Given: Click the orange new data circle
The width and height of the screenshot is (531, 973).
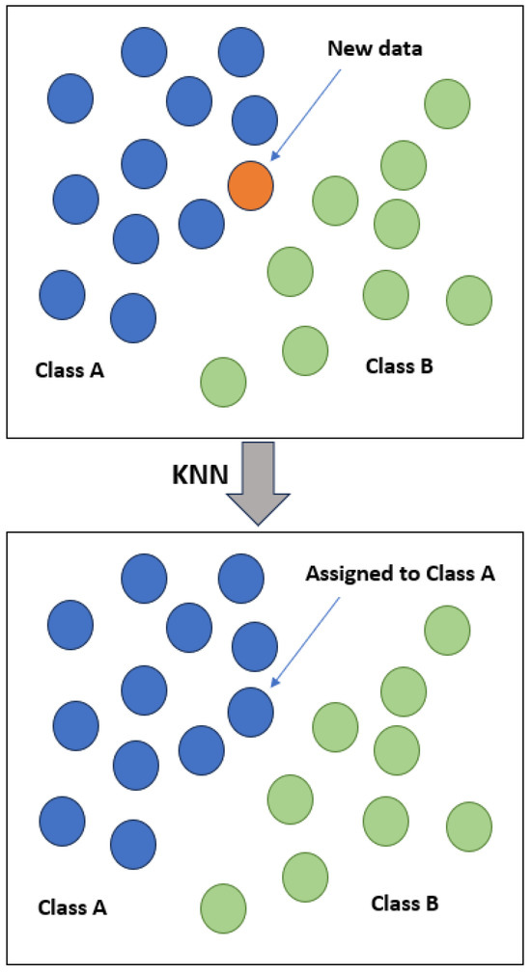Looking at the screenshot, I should [251, 184].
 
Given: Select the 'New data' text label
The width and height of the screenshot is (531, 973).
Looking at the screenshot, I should [374, 49].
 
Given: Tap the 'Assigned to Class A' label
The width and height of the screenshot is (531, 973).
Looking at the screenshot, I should [401, 575].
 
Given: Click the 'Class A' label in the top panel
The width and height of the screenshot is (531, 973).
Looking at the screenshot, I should [70, 369].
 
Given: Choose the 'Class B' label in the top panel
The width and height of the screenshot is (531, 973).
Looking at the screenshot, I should [400, 366].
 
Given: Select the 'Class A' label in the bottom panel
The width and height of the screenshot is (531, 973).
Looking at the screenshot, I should [72, 907].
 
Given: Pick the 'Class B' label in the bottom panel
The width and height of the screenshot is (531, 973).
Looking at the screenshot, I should [405, 904].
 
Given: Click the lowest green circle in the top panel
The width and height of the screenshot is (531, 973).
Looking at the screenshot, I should [223, 381].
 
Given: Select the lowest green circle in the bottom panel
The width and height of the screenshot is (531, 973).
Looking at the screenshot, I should [223, 907].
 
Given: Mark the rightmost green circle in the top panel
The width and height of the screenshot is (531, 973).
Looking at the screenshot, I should [469, 299].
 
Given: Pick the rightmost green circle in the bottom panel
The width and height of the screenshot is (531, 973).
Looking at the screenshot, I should [469, 825].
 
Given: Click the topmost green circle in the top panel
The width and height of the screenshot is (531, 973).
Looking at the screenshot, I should [448, 102].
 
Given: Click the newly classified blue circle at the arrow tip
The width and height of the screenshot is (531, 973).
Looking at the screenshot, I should [251, 711].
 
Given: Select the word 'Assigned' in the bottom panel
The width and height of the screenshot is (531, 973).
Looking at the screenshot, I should [343, 575].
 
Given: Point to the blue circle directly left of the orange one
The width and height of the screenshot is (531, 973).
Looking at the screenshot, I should [202, 223].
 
